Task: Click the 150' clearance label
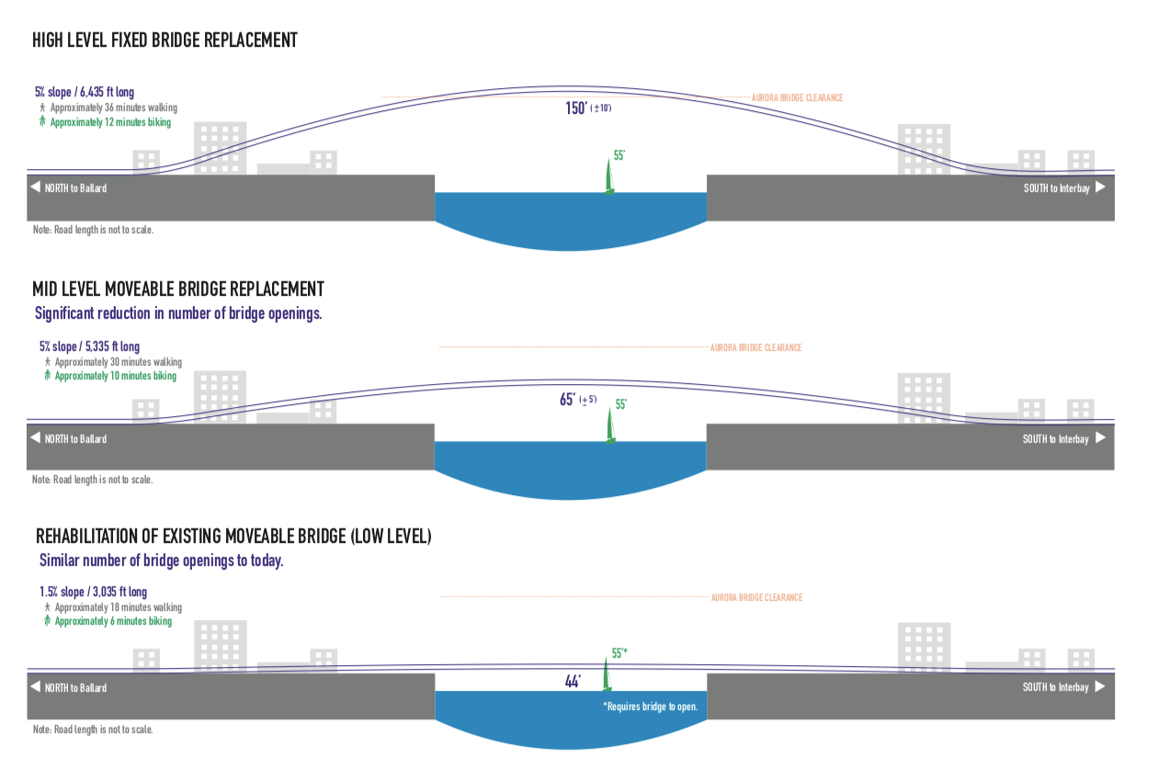tap(576, 108)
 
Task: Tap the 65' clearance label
tap(568, 401)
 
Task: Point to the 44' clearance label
tap(573, 682)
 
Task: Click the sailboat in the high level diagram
tap(608, 175)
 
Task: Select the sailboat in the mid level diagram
tap(608, 425)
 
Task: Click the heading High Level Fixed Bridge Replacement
tap(165, 40)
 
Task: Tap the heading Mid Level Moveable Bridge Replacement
tap(179, 289)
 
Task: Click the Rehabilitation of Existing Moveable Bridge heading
tap(233, 537)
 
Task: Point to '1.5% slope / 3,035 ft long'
tap(93, 592)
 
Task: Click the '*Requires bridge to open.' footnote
tap(650, 707)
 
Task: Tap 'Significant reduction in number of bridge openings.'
tap(178, 313)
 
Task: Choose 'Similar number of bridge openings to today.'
tap(161, 560)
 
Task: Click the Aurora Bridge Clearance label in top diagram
tap(797, 97)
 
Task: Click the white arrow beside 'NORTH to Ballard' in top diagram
tap(35, 187)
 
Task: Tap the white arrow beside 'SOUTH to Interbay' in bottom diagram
tap(1100, 686)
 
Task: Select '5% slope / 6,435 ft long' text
tap(84, 92)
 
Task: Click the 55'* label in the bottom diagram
tap(619, 654)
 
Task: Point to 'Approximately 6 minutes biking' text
tap(113, 621)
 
